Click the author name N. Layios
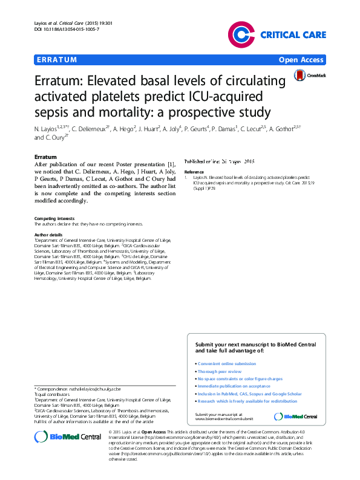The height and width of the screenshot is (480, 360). click(x=47, y=129)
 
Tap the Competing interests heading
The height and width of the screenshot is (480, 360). click(x=54, y=218)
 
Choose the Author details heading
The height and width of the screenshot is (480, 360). click(x=48, y=234)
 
